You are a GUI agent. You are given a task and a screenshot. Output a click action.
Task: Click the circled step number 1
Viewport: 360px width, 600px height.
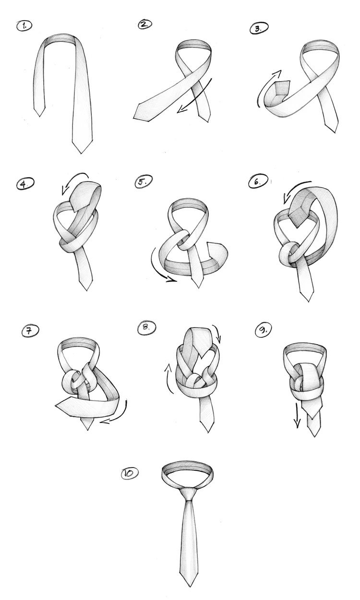[24, 26]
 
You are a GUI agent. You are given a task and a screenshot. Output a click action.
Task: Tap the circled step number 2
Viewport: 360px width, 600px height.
[145, 24]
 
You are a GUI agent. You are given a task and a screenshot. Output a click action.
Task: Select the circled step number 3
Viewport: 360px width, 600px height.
[259, 28]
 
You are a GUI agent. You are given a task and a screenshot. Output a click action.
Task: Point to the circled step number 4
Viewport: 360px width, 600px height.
[25, 184]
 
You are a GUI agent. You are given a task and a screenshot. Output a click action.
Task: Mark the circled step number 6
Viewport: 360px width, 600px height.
[258, 181]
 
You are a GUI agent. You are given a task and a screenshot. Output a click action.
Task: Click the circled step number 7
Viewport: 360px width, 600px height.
[30, 330]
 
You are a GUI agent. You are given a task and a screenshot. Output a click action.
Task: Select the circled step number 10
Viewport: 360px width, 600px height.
[130, 473]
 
